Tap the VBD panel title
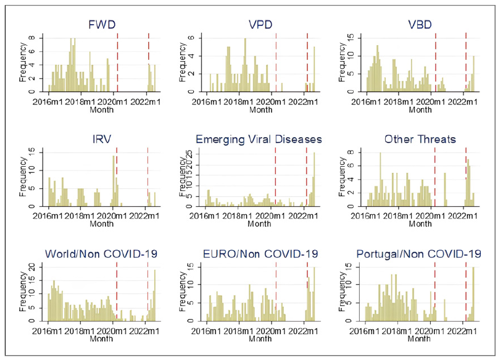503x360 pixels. [x=420, y=25]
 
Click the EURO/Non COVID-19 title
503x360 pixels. [x=260, y=254]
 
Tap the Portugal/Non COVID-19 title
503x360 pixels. [x=419, y=254]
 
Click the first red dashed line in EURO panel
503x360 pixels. [x=276, y=290]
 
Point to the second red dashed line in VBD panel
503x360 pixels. [x=466, y=62]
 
